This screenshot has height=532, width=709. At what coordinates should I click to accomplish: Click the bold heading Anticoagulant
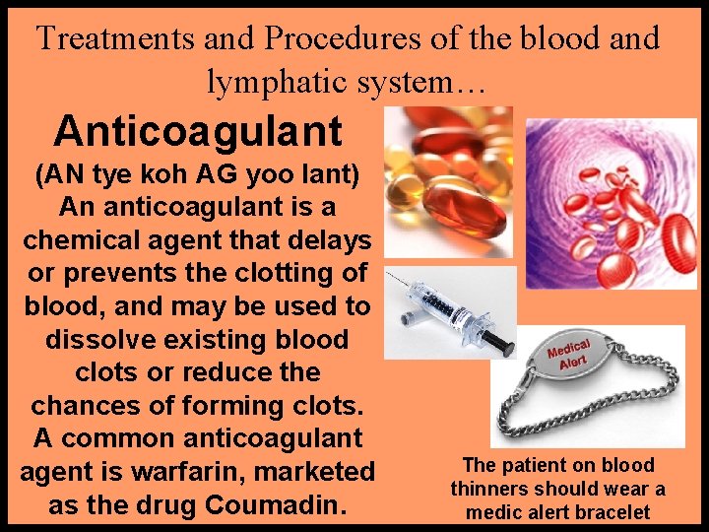click(198, 130)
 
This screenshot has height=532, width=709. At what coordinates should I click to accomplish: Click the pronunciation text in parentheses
click(197, 175)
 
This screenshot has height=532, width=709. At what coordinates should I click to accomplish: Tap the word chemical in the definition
click(87, 240)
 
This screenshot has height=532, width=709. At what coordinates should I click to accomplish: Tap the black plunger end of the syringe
click(500, 344)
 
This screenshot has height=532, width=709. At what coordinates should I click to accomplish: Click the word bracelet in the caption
click(611, 511)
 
